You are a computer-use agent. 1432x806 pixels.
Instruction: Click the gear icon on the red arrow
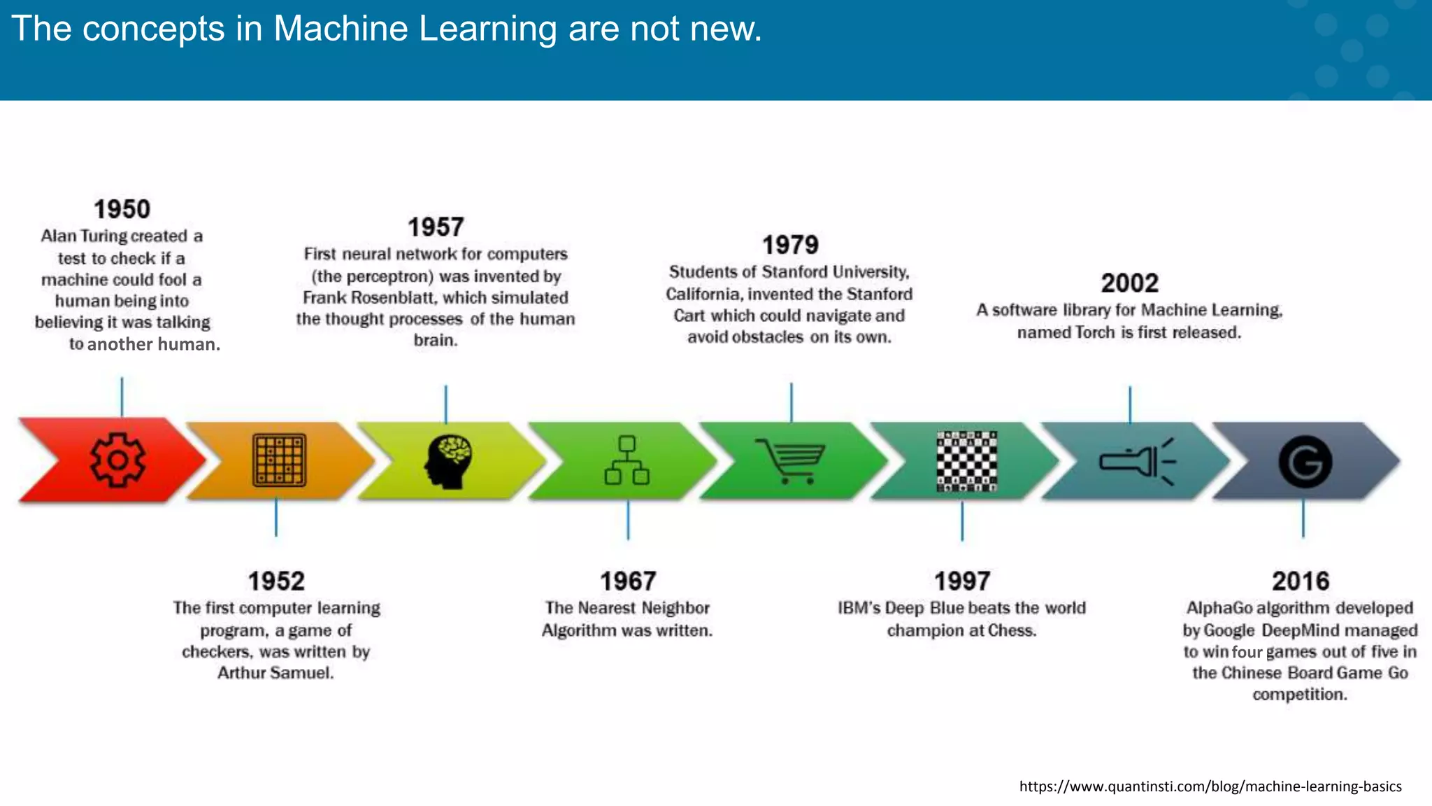click(117, 460)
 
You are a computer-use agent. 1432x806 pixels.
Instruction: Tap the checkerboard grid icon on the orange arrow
click(279, 460)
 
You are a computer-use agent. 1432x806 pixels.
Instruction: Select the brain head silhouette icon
click(448, 461)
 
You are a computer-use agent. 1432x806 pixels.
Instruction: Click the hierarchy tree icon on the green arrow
click(627, 460)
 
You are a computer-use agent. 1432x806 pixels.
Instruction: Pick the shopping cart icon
click(791, 460)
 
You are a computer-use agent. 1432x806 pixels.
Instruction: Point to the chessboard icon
click(966, 461)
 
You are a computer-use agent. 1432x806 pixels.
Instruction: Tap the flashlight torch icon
click(1137, 462)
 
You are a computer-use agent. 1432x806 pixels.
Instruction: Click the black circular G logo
click(1305, 462)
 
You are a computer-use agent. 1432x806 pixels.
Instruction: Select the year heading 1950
click(122, 209)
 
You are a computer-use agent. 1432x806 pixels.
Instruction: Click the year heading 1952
click(276, 581)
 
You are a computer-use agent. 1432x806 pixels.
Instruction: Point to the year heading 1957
click(436, 227)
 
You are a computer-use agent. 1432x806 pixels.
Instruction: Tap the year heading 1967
click(628, 581)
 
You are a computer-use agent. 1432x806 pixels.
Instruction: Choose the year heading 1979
click(790, 246)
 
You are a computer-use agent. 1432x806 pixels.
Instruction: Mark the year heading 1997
click(962, 581)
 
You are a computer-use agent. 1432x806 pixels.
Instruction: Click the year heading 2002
click(1129, 283)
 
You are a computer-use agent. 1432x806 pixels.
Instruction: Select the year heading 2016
click(1301, 581)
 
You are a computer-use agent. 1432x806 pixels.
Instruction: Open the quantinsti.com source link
click(1210, 786)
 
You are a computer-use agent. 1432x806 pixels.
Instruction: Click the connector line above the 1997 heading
click(962, 521)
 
